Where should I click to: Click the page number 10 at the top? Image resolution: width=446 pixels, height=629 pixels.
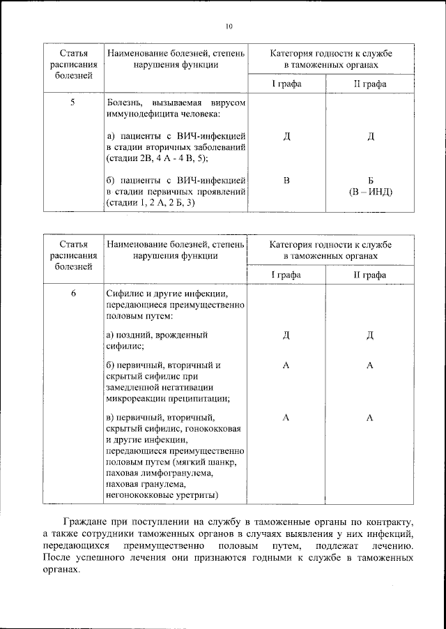click(228, 26)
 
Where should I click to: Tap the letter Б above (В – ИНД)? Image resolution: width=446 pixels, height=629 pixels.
click(371, 181)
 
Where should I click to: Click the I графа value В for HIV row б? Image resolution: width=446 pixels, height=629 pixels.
click(286, 181)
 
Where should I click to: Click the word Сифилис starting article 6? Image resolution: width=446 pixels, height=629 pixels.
click(126, 295)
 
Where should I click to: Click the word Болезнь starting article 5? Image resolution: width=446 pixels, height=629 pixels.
click(125, 102)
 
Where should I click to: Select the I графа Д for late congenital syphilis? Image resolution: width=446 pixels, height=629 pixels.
click(286, 335)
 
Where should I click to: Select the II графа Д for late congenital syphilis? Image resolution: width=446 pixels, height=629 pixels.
click(370, 335)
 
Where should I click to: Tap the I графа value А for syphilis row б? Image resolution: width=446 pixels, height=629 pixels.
click(286, 365)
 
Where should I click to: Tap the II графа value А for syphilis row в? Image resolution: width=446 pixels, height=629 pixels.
click(370, 416)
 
